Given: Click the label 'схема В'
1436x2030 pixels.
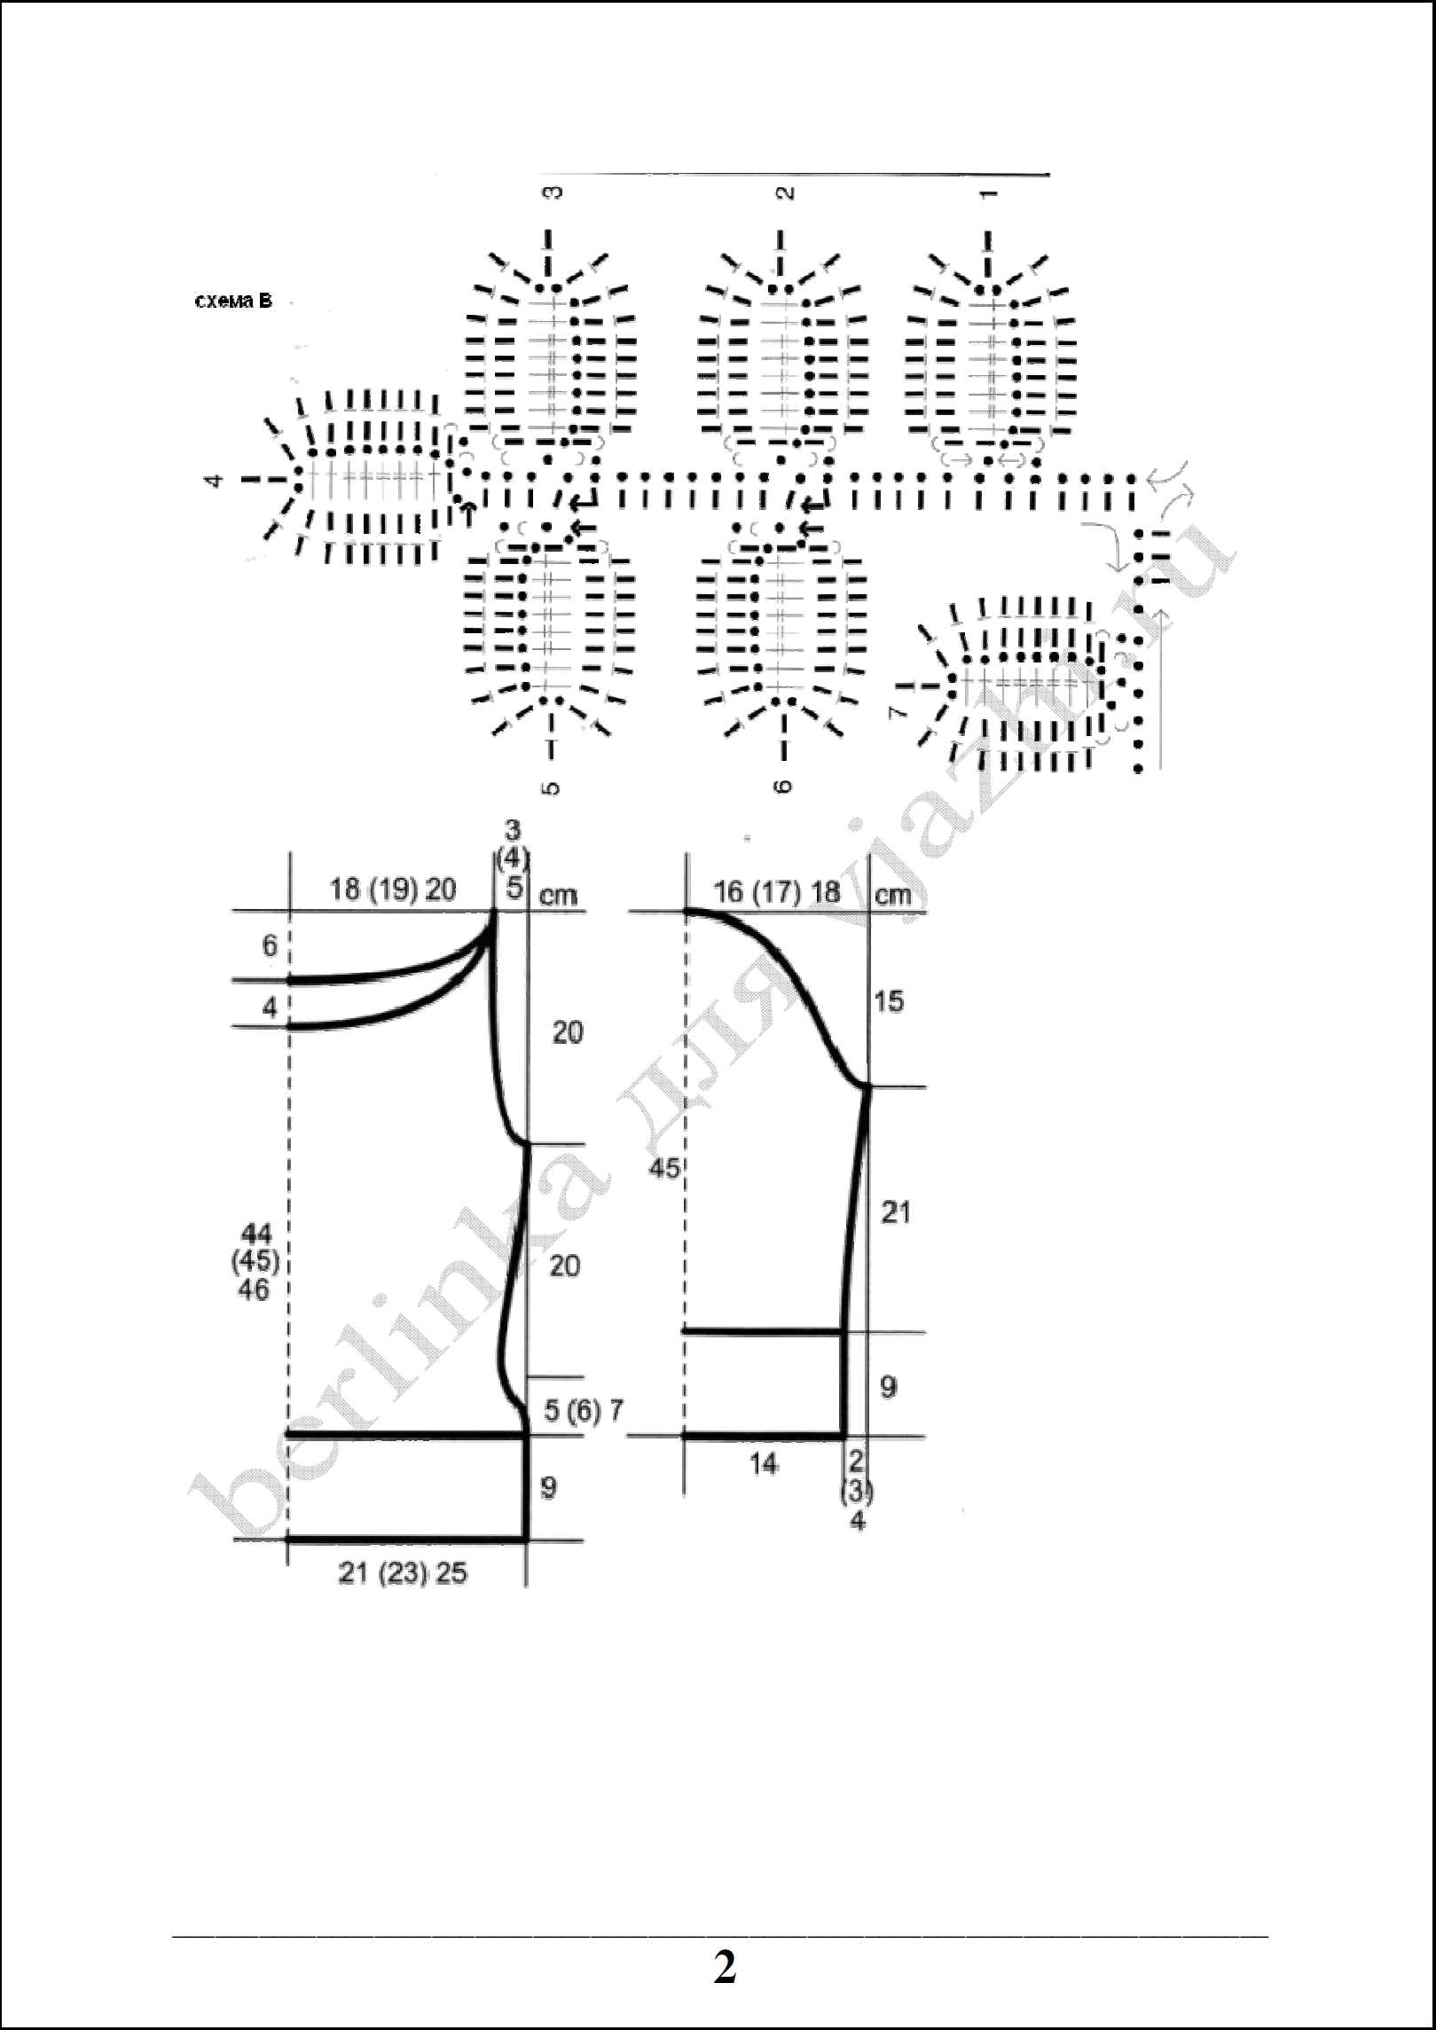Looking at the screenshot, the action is coord(233,302).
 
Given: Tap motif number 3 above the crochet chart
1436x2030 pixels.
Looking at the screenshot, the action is coord(552,192).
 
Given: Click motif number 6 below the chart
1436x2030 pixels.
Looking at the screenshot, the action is coord(785,786).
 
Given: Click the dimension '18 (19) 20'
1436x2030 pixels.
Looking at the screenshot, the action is coord(393,890).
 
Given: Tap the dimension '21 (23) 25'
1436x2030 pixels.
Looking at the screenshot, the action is coord(403,1574).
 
